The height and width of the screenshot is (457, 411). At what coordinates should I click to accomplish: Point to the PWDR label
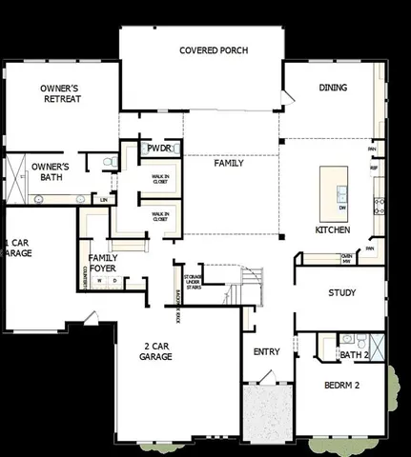(159, 149)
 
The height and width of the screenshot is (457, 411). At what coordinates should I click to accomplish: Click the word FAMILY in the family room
(228, 163)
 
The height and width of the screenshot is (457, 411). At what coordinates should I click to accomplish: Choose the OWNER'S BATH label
(51, 172)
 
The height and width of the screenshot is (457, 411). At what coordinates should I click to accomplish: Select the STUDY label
(341, 292)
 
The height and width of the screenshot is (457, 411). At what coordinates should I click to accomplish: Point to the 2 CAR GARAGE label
(156, 351)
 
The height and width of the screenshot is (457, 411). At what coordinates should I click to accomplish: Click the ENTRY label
(266, 351)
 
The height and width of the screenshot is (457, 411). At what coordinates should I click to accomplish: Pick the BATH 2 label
(354, 355)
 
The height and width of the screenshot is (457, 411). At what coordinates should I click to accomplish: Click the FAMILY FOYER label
(103, 263)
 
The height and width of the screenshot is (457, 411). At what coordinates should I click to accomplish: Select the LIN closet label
(103, 200)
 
